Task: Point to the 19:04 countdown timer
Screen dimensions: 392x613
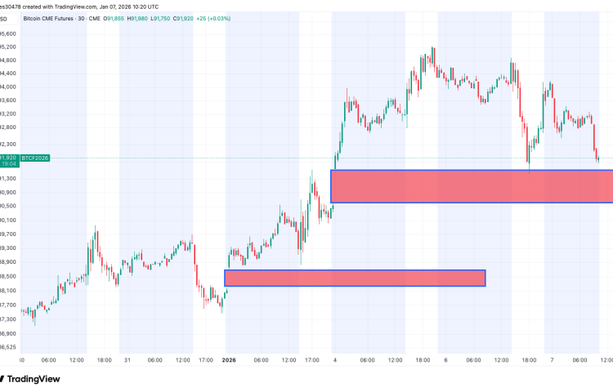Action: click(x=9, y=164)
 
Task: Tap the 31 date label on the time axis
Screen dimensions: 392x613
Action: click(x=127, y=360)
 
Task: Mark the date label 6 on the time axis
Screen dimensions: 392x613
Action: click(x=445, y=360)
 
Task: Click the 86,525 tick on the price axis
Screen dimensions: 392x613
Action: click(x=9, y=346)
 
